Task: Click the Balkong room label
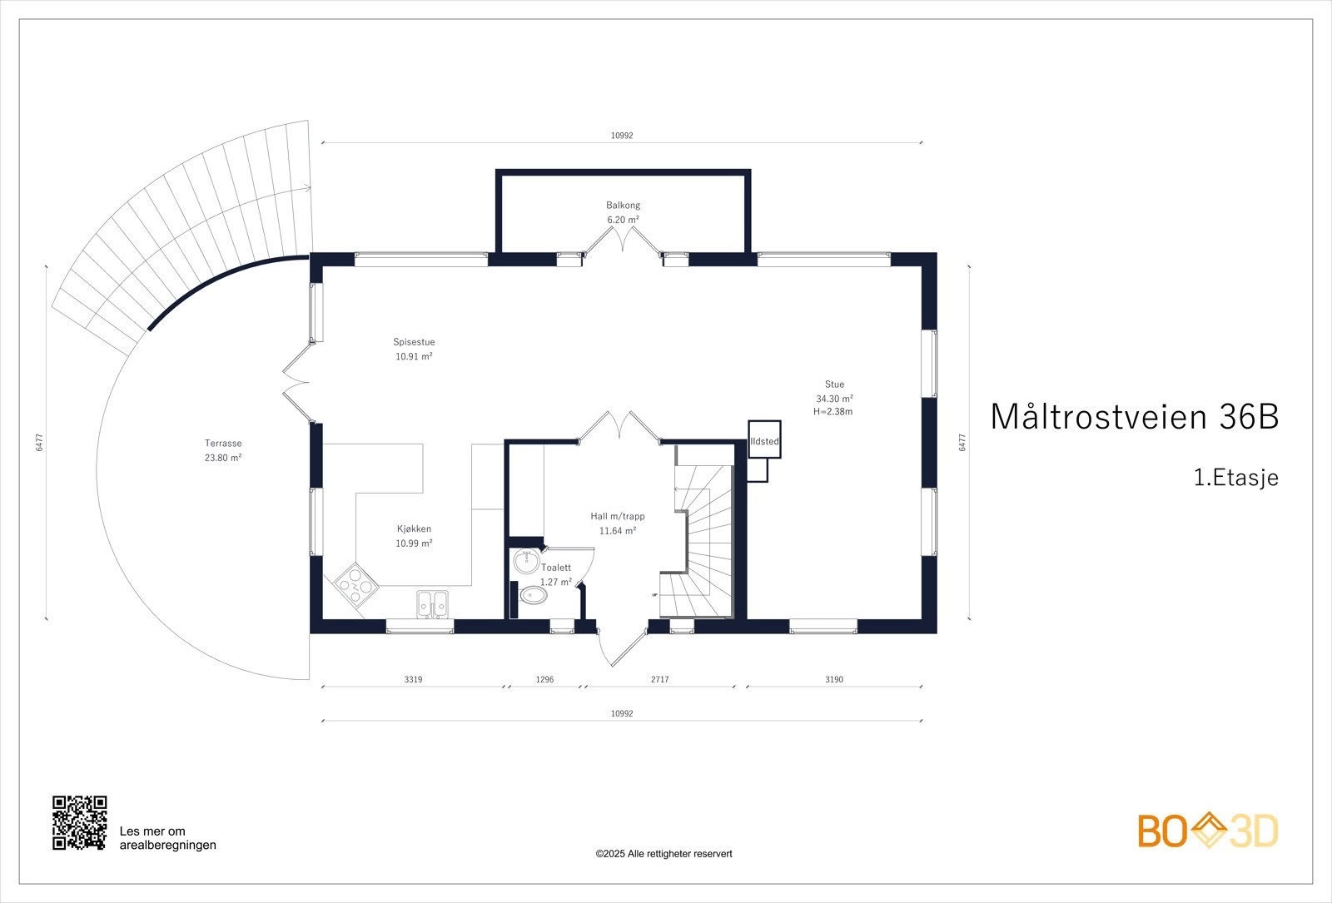[x=624, y=205]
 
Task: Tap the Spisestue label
[x=414, y=342]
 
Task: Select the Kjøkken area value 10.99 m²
[x=414, y=543]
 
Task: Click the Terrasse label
[x=223, y=443]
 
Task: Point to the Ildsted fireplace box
[x=764, y=439]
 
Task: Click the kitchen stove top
[x=355, y=584]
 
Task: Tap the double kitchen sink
[x=432, y=604]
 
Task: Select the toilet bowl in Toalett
[x=534, y=595]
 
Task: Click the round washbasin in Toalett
[x=525, y=561]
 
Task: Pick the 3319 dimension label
[x=413, y=679]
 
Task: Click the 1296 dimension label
[x=544, y=679]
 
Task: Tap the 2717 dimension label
[x=660, y=679]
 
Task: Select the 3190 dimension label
[x=834, y=679]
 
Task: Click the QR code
[x=80, y=823]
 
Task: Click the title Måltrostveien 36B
[x=1135, y=416]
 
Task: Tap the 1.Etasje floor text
[x=1236, y=478]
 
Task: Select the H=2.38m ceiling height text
[x=833, y=411]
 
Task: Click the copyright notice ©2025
[x=664, y=854]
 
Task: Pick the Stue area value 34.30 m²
[x=834, y=399]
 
